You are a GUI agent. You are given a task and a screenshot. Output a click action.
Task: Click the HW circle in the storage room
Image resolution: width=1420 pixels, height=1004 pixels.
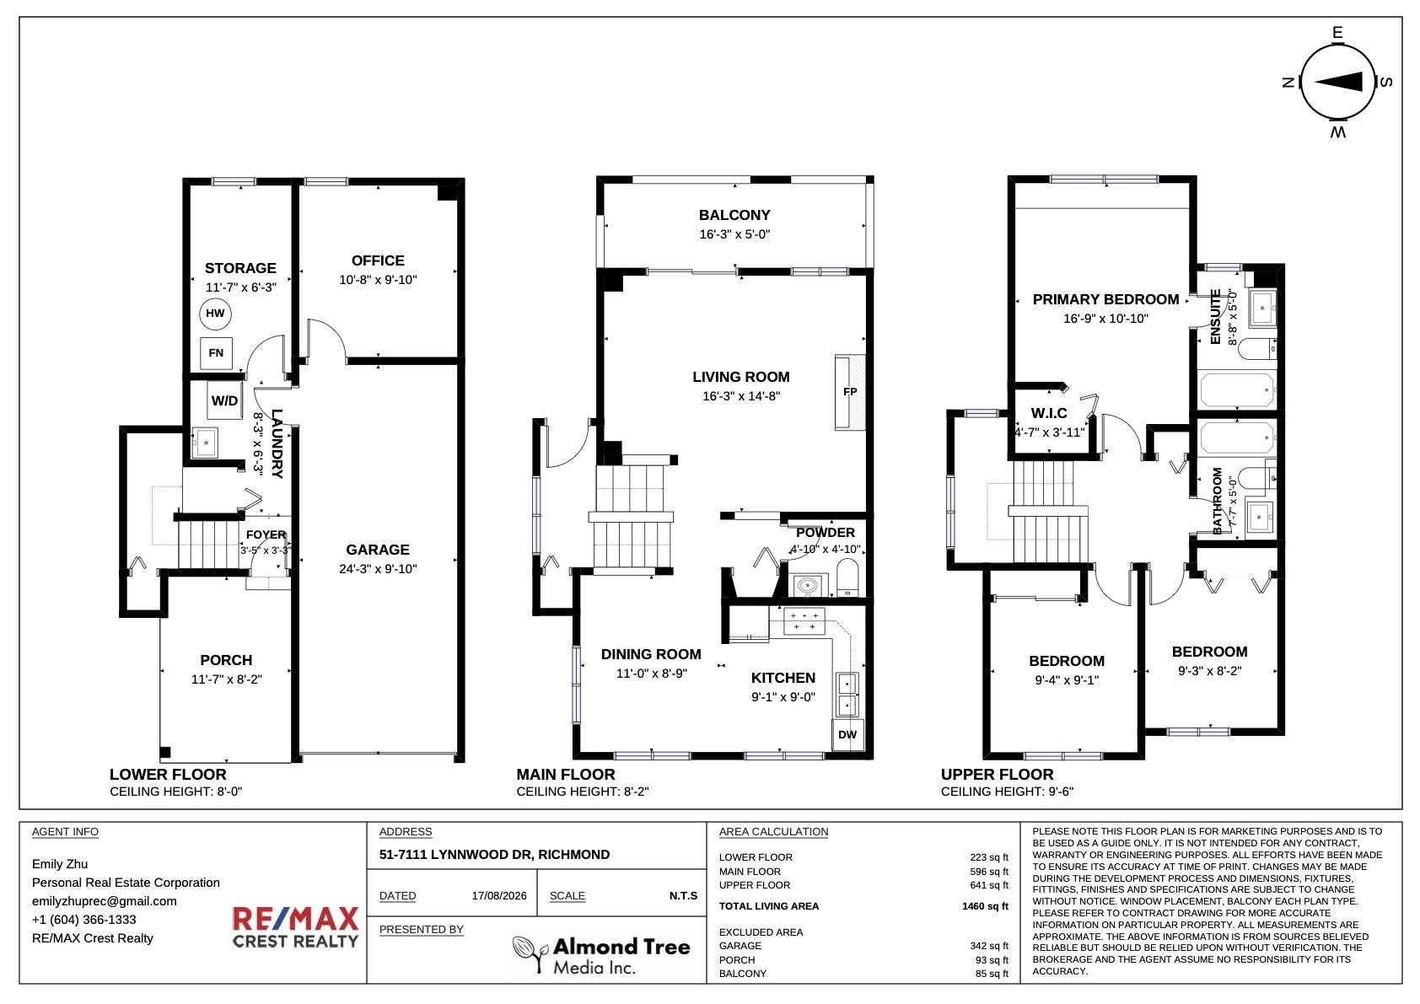click(x=216, y=314)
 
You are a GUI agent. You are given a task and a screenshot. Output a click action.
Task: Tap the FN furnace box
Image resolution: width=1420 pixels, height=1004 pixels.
click(x=216, y=353)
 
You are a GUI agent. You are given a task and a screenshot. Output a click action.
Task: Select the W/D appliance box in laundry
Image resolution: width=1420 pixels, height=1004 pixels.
click(x=224, y=400)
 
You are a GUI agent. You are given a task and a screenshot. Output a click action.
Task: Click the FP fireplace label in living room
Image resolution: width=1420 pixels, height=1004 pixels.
click(x=850, y=392)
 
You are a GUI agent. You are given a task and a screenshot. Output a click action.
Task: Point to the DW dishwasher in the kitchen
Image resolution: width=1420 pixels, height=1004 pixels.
click(x=847, y=734)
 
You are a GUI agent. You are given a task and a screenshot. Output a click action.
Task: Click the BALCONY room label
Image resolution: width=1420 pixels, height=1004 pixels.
click(x=734, y=216)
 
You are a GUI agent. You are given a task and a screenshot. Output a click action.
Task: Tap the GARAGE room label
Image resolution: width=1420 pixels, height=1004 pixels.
click(x=378, y=550)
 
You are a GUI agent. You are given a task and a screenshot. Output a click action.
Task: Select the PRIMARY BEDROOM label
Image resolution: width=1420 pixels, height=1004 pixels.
click(x=1105, y=300)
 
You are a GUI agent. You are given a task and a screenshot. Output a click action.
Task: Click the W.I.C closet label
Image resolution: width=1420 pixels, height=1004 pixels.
click(x=1049, y=414)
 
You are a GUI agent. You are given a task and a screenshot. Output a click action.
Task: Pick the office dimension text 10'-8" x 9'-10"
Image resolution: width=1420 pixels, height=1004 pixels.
click(x=378, y=280)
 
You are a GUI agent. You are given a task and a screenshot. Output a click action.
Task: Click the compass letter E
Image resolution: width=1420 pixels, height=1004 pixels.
click(x=1337, y=33)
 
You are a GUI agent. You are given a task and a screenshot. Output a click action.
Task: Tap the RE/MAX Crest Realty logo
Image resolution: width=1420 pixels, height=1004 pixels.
click(x=295, y=927)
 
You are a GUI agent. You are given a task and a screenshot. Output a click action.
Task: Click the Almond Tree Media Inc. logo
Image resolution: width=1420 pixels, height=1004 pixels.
click(x=601, y=955)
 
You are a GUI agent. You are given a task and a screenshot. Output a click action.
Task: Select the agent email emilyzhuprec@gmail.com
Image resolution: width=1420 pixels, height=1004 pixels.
click(x=105, y=901)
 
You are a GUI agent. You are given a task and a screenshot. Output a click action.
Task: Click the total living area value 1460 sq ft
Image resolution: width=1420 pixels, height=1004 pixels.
click(x=985, y=906)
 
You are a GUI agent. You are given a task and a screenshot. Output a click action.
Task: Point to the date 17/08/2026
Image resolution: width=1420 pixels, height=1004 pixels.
click(x=499, y=895)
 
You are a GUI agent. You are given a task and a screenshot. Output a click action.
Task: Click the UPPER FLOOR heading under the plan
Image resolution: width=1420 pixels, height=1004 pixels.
click(x=998, y=775)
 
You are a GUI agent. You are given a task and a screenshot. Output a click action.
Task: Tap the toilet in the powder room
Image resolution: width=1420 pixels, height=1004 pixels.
click(x=847, y=577)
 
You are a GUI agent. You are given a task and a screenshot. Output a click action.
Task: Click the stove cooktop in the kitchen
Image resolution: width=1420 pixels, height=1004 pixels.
click(x=804, y=621)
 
